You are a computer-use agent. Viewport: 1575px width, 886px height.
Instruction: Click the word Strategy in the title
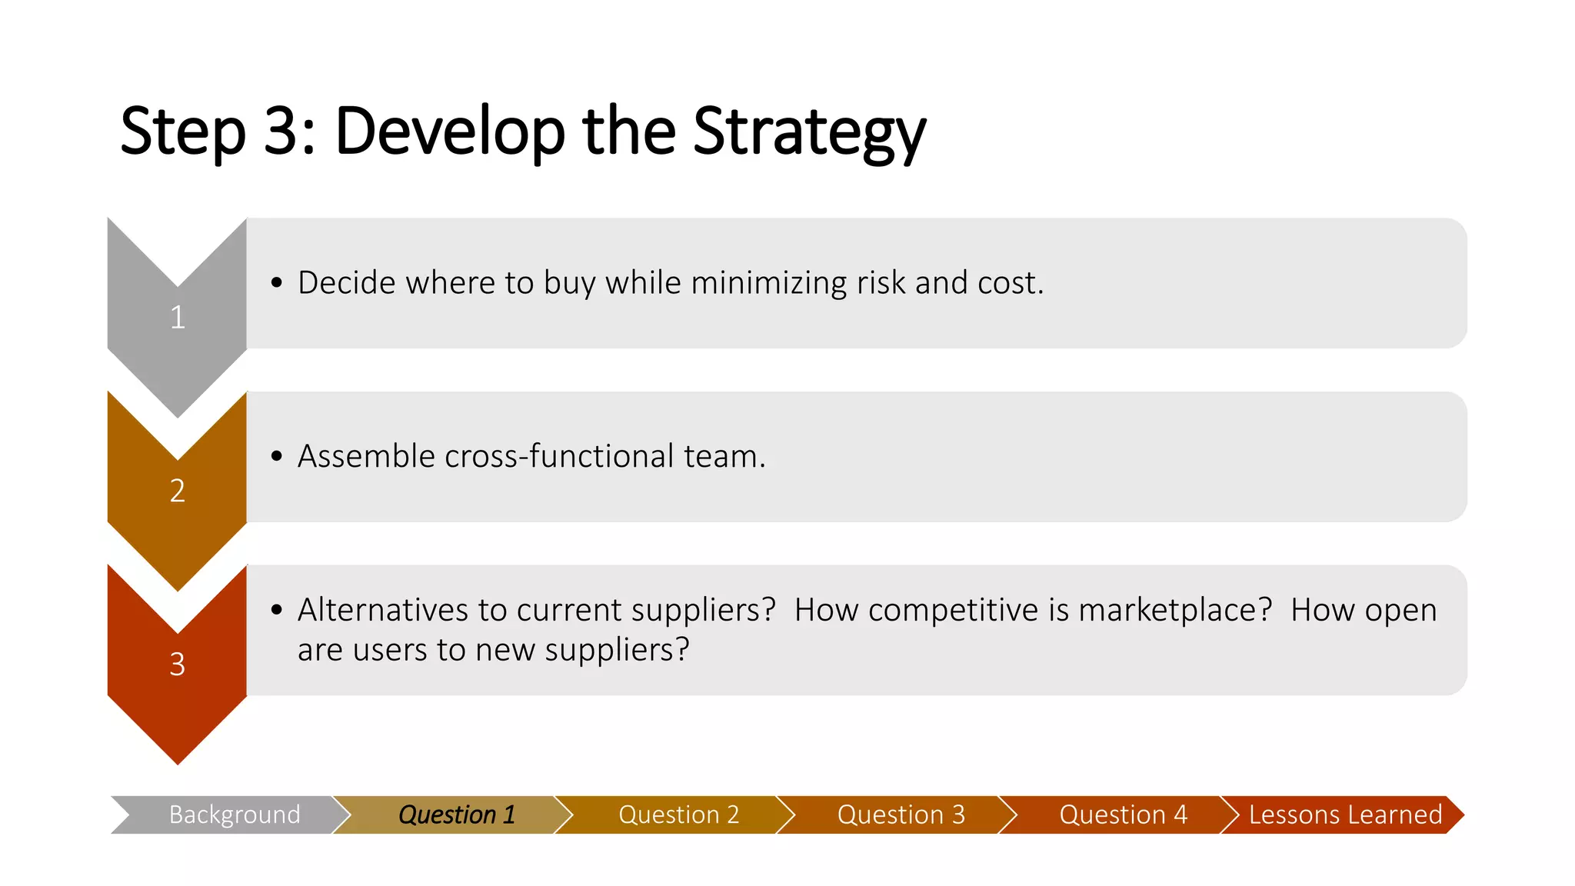point(809,132)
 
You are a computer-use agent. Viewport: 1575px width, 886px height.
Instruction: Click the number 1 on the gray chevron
point(178,317)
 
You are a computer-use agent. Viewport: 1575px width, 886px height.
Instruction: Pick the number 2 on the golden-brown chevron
point(178,491)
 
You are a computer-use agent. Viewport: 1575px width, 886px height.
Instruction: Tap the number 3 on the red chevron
point(178,664)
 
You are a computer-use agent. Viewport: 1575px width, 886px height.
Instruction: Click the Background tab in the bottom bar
point(234,814)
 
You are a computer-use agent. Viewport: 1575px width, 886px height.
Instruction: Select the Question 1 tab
point(456,814)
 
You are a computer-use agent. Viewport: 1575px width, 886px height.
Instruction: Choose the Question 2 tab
point(678,814)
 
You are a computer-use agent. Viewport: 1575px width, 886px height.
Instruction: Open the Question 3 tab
point(901,814)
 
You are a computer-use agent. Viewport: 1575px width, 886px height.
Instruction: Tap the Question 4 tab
point(1123,814)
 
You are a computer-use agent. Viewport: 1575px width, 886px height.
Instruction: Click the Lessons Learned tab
point(1344,814)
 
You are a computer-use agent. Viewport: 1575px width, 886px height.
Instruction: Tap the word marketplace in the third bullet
point(1174,610)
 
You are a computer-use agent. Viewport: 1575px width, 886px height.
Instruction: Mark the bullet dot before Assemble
point(277,457)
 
